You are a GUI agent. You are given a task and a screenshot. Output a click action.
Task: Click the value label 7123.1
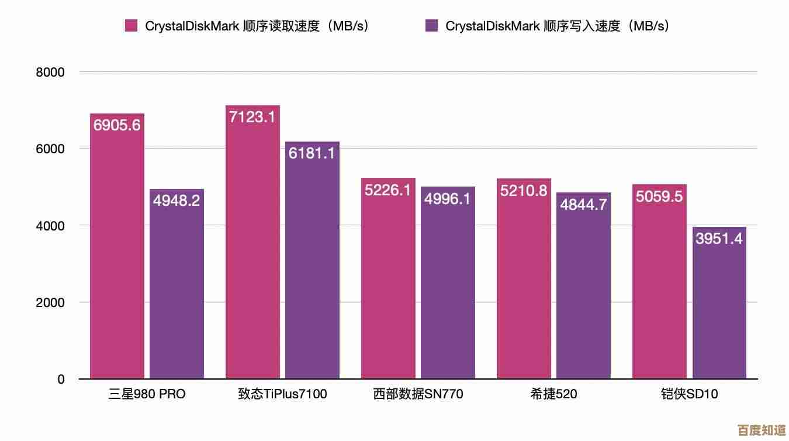252,117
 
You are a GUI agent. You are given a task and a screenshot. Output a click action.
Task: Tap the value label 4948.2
177,201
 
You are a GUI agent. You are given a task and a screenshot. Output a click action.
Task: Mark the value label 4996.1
448,199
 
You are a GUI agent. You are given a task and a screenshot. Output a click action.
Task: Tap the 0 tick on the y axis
61,380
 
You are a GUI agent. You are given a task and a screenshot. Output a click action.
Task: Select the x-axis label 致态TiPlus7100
282,395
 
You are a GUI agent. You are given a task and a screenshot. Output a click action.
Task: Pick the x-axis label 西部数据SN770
418,395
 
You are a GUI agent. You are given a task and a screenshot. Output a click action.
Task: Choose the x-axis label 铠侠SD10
689,395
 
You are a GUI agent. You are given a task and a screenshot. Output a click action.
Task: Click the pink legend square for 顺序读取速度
131,26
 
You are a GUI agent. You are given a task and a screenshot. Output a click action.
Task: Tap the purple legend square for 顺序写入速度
432,26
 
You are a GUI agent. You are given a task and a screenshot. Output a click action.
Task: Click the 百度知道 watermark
762,430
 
